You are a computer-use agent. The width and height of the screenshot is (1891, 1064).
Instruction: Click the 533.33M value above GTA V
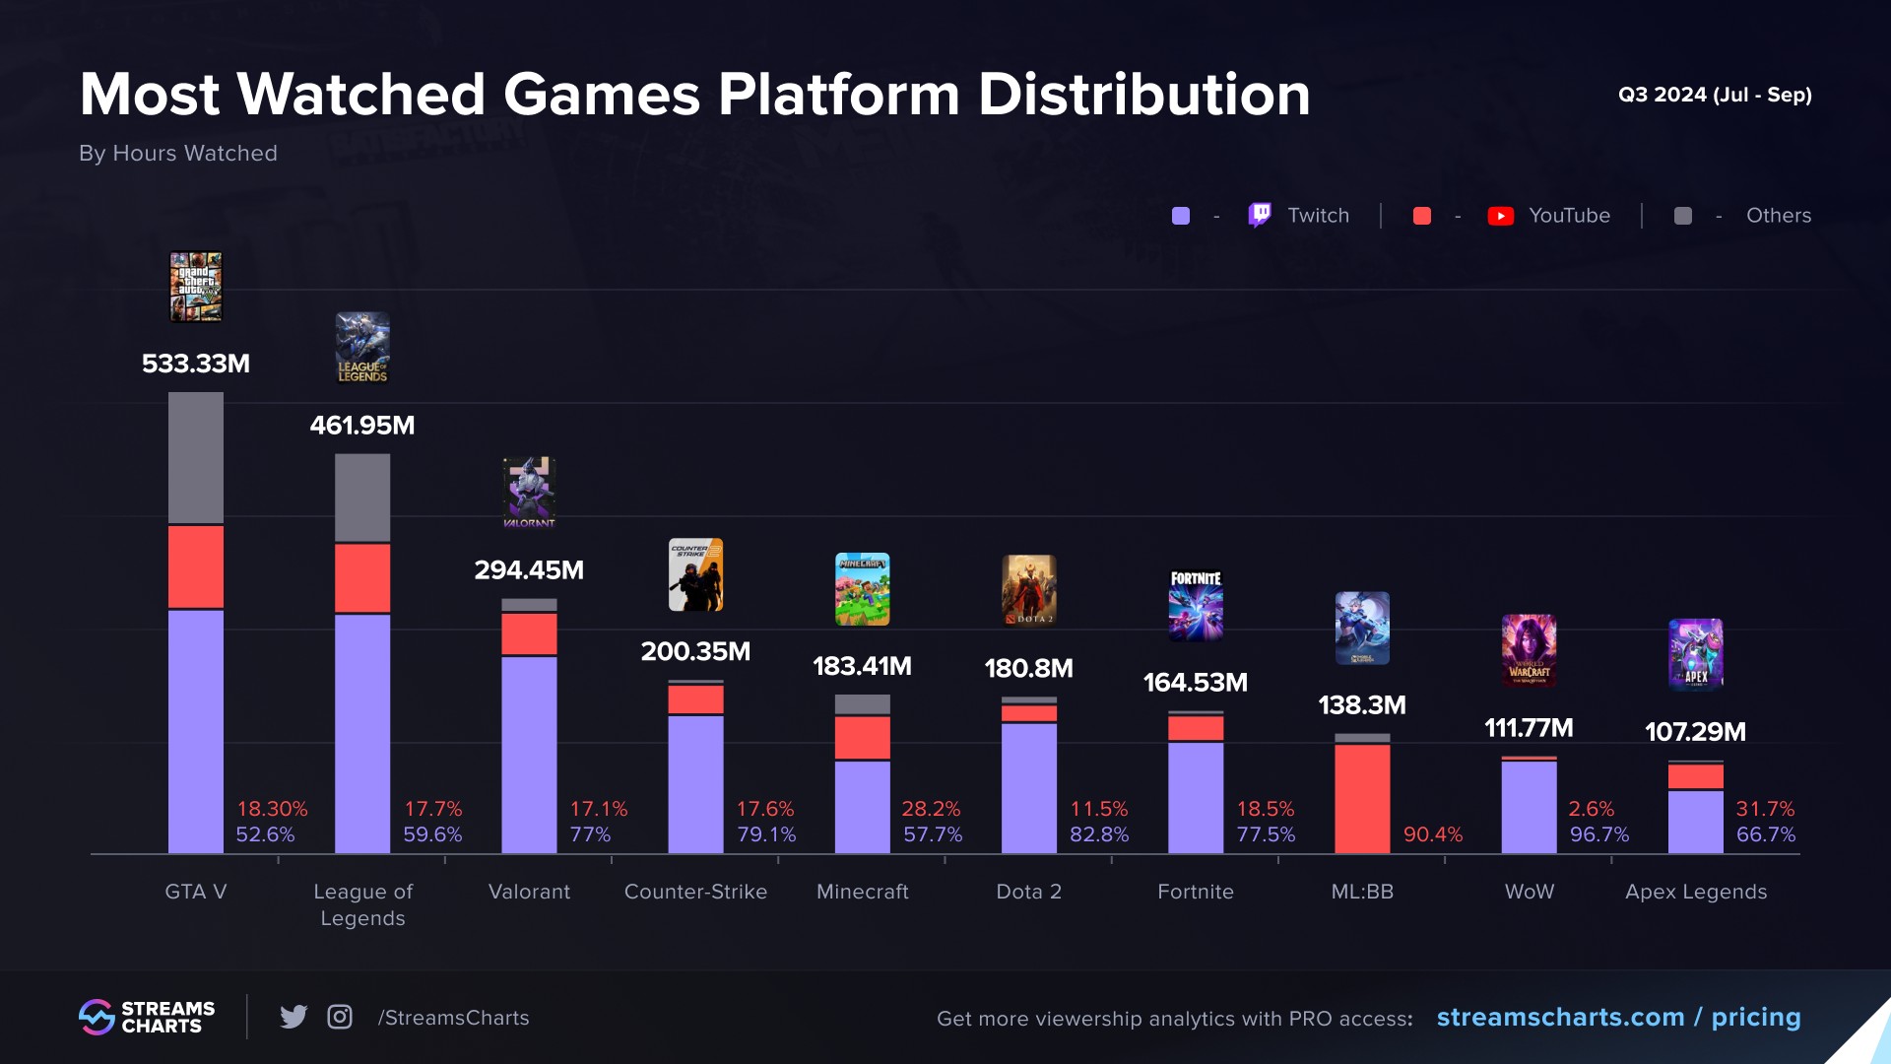pos(196,364)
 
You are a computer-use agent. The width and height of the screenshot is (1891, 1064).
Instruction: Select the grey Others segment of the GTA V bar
pos(196,457)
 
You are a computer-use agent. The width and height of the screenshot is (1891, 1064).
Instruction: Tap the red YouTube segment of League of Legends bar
pos(362,578)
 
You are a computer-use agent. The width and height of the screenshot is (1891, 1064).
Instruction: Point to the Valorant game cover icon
pos(529,492)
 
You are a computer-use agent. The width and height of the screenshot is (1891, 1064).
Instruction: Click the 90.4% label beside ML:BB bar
pos(1432,834)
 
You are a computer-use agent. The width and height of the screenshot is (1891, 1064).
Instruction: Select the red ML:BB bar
pos(1362,798)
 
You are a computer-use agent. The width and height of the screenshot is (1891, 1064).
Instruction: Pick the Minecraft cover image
pos(862,589)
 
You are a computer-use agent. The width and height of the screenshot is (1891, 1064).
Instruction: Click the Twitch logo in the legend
pos(1260,215)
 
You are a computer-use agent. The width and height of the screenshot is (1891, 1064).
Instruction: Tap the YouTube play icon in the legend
pos(1500,216)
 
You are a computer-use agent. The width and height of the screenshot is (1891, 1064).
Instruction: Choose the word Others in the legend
pos(1778,215)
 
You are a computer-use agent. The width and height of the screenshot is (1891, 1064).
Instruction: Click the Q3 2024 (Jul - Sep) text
pos(1714,95)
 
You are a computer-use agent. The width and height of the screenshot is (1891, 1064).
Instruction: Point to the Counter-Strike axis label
pos(695,892)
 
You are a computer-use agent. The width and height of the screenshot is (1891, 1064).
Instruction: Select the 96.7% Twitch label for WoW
pos(1598,834)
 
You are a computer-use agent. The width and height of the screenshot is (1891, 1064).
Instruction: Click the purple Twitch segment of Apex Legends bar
pos(1695,822)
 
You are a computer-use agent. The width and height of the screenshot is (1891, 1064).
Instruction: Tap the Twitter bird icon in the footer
pos(293,1017)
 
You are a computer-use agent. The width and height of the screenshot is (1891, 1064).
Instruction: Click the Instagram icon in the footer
pos(340,1017)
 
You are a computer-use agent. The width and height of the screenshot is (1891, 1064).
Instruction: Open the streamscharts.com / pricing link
pos(1618,1017)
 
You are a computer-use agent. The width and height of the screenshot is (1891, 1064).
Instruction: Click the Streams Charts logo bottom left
pos(147,1017)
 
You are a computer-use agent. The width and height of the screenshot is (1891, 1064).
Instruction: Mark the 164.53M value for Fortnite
pos(1195,683)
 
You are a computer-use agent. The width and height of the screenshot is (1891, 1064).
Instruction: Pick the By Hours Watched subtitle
pos(178,153)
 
